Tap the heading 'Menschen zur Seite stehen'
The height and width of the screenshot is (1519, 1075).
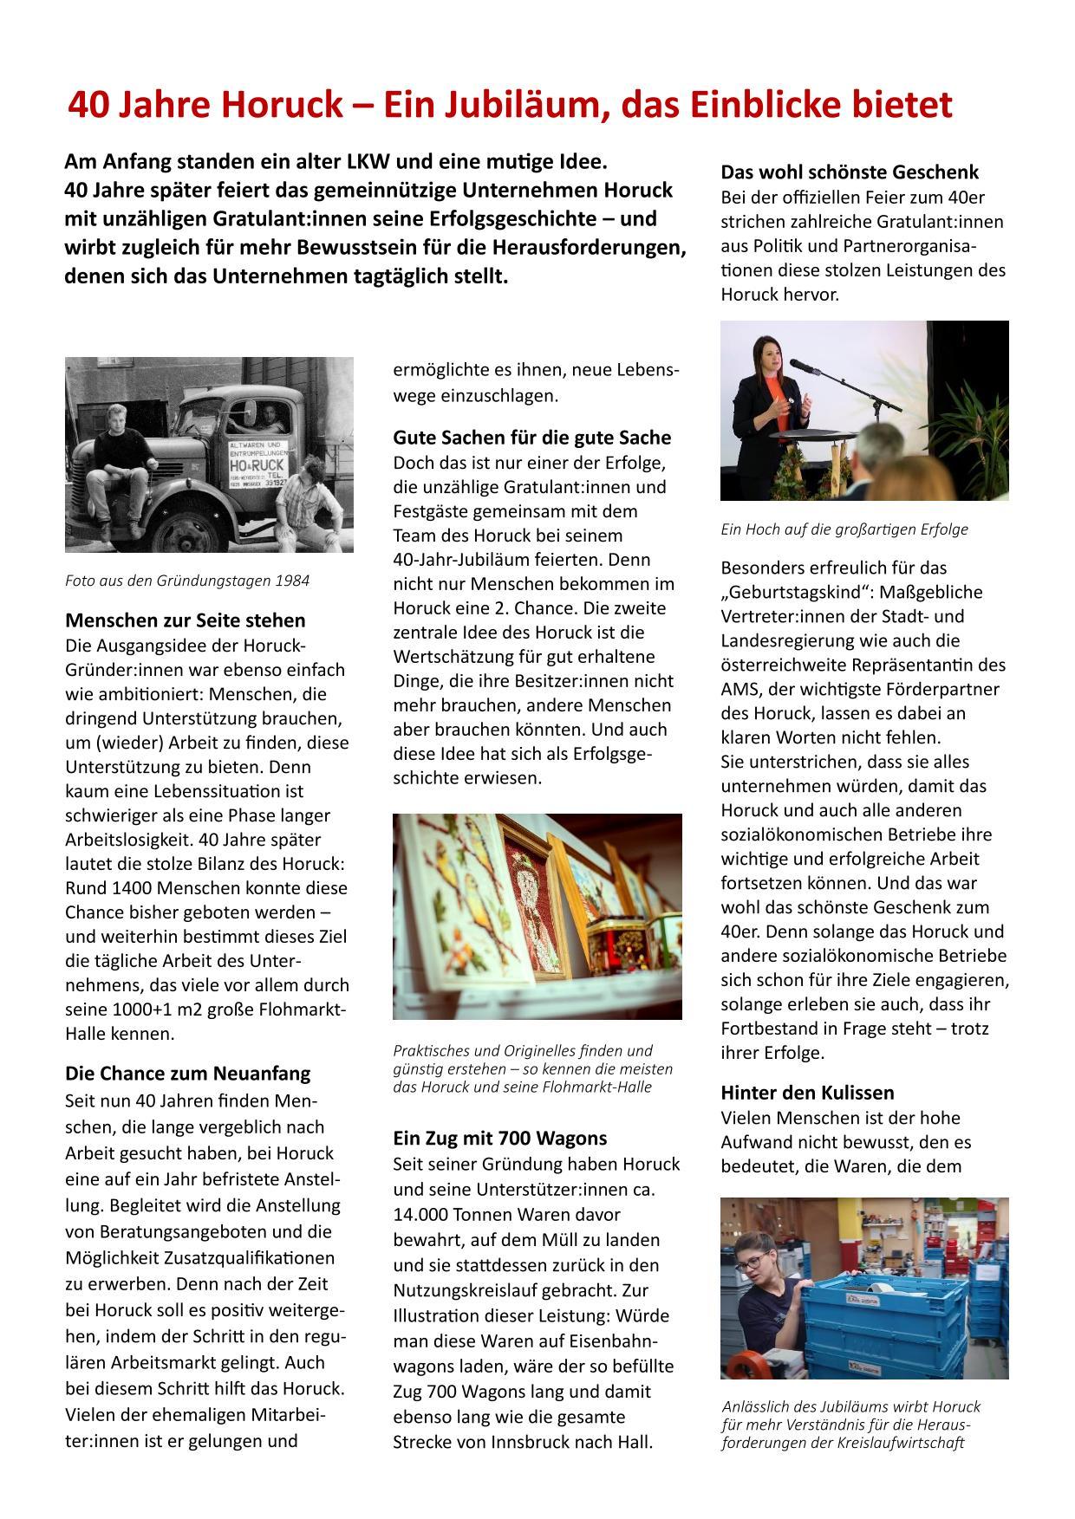(x=186, y=620)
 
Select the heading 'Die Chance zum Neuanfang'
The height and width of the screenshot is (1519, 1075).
(x=187, y=1073)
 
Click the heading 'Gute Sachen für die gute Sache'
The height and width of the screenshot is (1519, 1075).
(x=531, y=438)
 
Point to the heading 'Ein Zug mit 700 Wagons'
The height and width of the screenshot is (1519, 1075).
(x=499, y=1138)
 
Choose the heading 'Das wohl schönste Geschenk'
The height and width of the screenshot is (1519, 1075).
(x=850, y=172)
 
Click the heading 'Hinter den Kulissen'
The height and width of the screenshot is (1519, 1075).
(x=807, y=1093)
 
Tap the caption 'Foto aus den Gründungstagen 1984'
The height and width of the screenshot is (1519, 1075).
(x=187, y=581)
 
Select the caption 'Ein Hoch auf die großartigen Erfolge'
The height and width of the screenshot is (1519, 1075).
(x=844, y=529)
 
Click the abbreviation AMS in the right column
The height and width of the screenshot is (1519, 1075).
(x=739, y=690)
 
